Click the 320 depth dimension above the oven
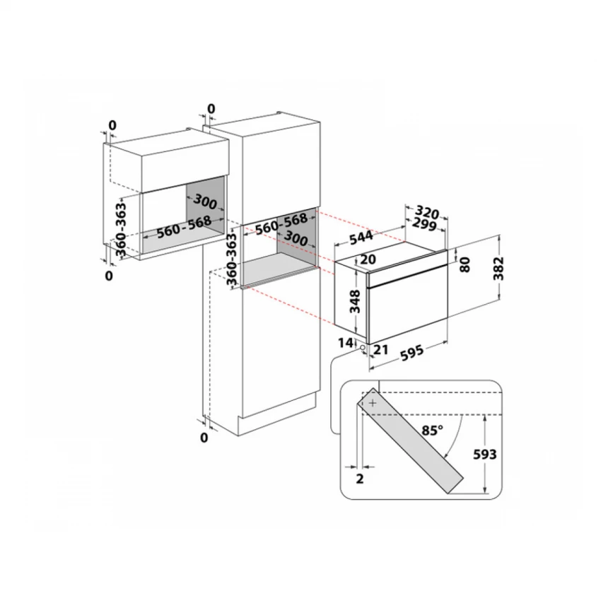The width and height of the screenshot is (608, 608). (x=427, y=212)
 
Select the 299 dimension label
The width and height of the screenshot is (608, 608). (x=425, y=224)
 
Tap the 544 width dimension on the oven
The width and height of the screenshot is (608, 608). (x=361, y=238)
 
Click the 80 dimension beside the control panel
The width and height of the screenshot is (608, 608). (x=465, y=264)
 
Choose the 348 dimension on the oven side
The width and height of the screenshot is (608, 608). (x=355, y=301)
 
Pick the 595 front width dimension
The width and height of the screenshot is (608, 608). (x=411, y=353)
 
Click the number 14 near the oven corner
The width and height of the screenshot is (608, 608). (x=346, y=343)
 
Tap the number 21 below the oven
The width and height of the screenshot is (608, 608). (x=380, y=350)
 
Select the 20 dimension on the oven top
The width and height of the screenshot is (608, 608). (x=368, y=259)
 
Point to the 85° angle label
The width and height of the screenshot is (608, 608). (x=433, y=430)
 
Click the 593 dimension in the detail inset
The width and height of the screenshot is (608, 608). (x=485, y=454)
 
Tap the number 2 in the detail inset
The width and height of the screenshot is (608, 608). (x=360, y=479)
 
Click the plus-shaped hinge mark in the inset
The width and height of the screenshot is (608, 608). (x=373, y=403)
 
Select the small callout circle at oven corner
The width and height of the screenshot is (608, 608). (x=363, y=348)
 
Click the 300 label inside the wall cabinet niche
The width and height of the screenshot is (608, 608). (x=205, y=201)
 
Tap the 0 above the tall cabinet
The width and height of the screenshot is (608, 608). (x=211, y=109)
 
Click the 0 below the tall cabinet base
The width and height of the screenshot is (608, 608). (x=204, y=438)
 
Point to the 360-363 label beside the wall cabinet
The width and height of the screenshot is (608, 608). (x=121, y=230)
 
